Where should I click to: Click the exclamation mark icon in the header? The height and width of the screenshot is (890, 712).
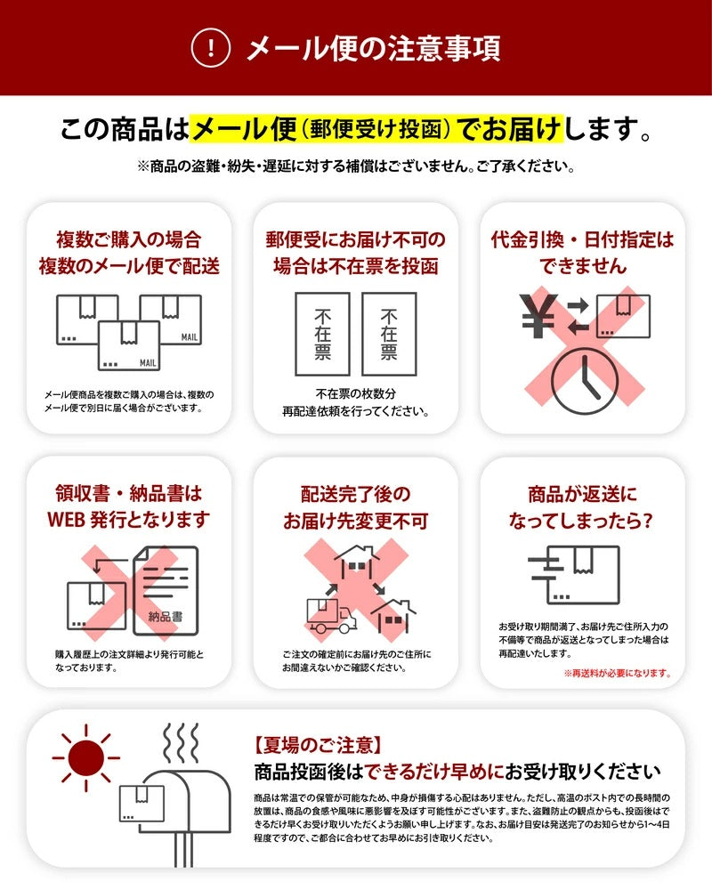(211, 48)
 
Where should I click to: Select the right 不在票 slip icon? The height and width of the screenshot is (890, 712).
(388, 335)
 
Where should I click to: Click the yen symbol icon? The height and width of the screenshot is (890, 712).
(538, 315)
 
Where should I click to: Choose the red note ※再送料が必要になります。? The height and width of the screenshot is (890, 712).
(629, 674)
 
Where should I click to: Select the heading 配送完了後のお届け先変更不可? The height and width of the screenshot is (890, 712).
(355, 507)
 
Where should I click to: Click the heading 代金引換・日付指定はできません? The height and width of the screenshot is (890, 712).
(582, 253)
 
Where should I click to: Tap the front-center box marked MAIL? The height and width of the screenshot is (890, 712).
(129, 345)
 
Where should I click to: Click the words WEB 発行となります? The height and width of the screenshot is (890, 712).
(128, 519)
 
